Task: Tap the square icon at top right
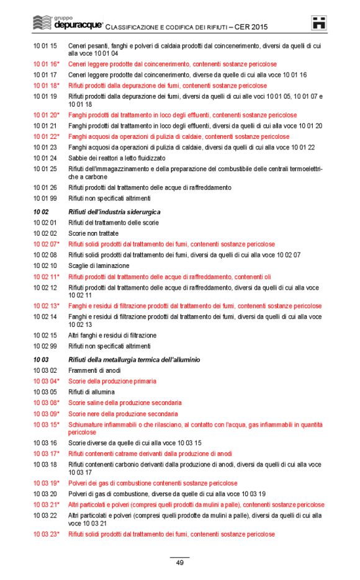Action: [319, 23]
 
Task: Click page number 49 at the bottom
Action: [179, 563]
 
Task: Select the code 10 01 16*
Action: [47, 65]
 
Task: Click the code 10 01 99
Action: [45, 199]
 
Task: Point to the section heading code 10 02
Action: [40, 212]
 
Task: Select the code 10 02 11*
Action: [47, 277]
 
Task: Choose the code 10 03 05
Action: [45, 392]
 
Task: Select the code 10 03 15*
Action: [47, 425]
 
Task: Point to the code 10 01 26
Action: [45, 187]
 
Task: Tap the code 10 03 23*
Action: [47, 534]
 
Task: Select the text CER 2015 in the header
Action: [251, 28]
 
